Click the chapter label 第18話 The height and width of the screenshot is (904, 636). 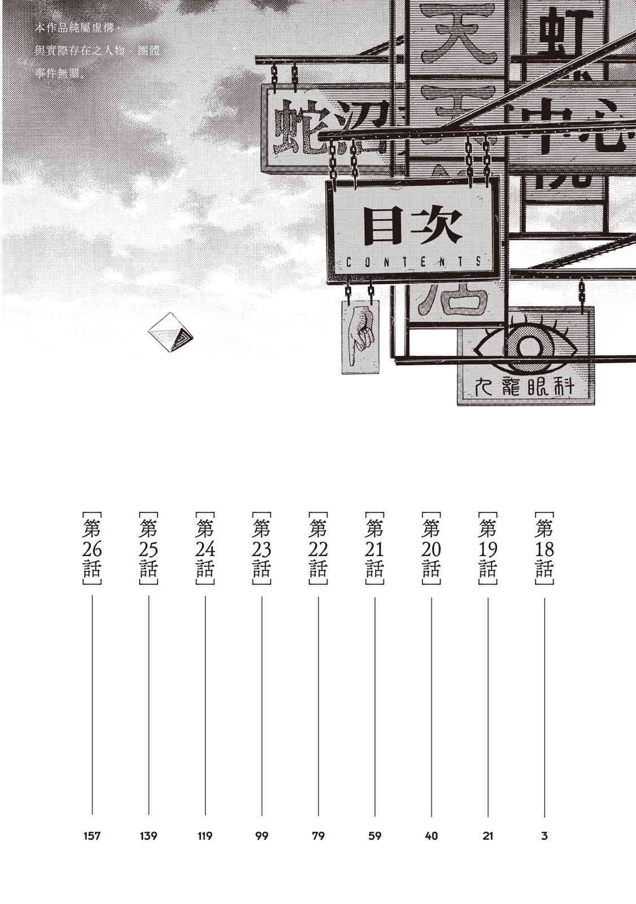(544, 549)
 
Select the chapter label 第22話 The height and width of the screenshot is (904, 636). (318, 549)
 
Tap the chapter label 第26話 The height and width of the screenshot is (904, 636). (92, 549)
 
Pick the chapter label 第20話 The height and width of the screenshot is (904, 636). (431, 549)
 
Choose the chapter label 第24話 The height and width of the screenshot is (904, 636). (204, 549)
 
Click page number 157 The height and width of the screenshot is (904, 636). (92, 836)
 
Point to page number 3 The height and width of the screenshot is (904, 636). (544, 836)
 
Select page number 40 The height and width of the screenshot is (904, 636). (431, 836)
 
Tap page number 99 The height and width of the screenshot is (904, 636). (262, 836)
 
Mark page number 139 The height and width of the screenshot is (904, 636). (148, 836)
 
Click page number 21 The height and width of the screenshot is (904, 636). (488, 836)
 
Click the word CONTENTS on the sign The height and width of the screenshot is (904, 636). (413, 262)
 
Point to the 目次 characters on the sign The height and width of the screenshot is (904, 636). (413, 226)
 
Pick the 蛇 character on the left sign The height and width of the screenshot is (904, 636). (295, 128)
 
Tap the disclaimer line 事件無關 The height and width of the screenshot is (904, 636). (59, 72)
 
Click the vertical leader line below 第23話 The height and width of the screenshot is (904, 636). (262, 706)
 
